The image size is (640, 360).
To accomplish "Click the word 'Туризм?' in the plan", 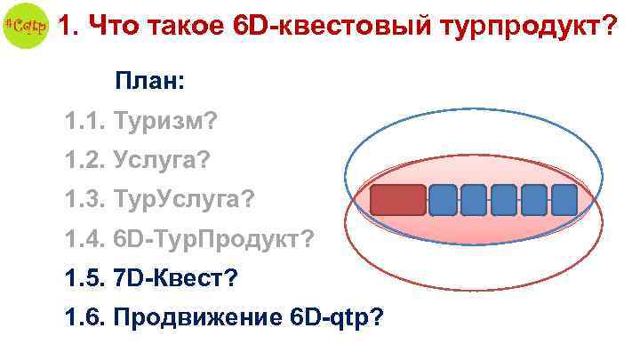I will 167,119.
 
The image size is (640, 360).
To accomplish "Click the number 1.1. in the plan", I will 84,119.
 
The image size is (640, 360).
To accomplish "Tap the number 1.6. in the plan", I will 84,317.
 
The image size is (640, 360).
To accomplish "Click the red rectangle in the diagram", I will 397,200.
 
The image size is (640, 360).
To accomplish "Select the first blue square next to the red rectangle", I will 444,200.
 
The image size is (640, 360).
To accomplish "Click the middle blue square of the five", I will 504,200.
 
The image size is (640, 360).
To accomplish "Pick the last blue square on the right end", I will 564,200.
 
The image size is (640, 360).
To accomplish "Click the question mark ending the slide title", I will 609,27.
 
